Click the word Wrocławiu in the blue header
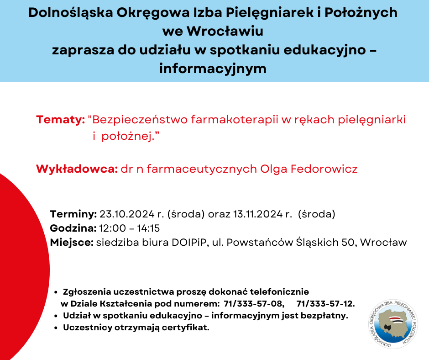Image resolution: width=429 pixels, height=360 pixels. point(225,31)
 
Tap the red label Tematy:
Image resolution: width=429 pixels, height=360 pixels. point(60,120)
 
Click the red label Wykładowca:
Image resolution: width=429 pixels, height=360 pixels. point(77,169)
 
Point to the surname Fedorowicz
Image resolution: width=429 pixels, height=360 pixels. point(324,169)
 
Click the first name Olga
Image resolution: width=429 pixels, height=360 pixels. point(273,169)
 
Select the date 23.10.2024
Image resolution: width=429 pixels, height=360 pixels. point(127,214)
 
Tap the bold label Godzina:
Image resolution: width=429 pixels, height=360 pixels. point(73,228)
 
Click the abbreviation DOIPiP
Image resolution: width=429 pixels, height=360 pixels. point(189,243)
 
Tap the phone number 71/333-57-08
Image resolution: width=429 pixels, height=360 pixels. point(252,303)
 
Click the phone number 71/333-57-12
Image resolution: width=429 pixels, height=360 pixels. point(325,303)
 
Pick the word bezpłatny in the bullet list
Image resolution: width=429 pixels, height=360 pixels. point(324,316)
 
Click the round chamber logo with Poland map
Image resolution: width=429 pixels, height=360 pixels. point(393,324)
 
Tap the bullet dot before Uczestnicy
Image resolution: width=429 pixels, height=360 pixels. point(56,328)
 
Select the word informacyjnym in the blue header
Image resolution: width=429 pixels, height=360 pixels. point(213,69)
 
